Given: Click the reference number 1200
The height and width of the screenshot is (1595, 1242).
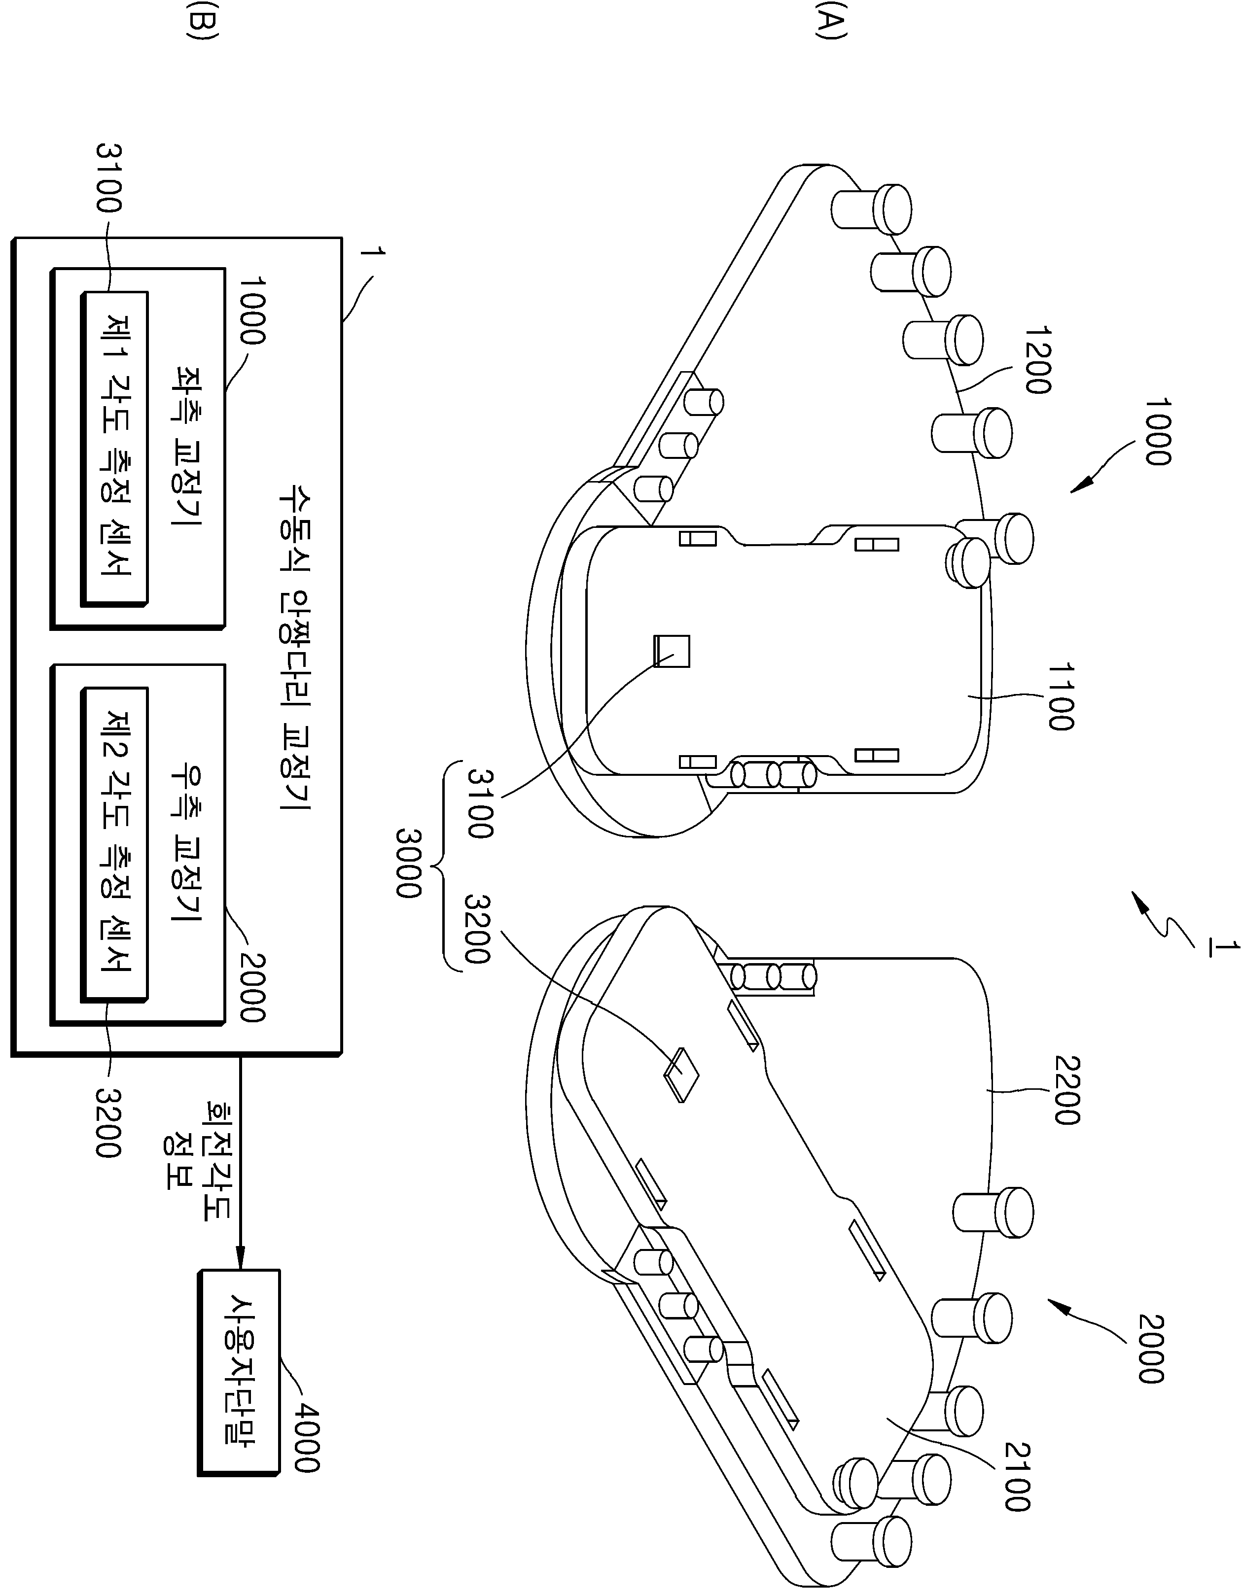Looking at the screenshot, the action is coord(1037,360).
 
